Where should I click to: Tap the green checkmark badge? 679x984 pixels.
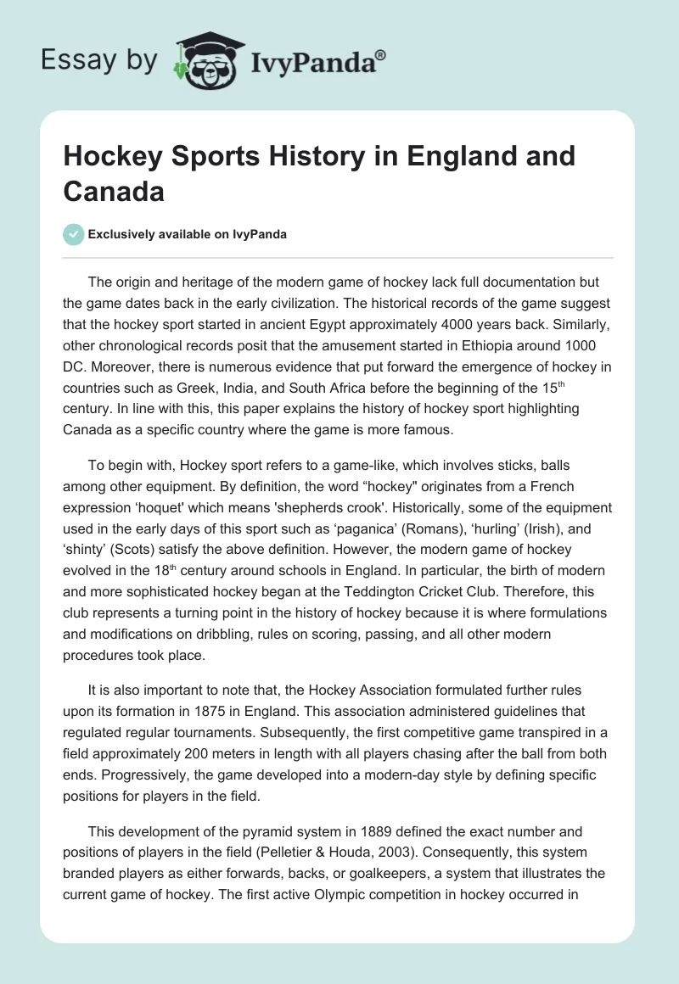[74, 235]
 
